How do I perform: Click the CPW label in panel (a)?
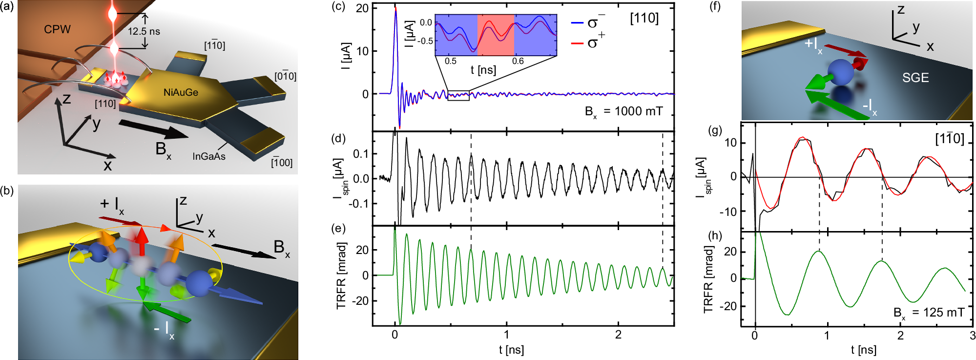coord(57,29)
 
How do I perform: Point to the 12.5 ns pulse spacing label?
coord(144,31)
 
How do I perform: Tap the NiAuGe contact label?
coord(181,92)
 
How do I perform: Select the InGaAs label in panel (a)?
coord(208,156)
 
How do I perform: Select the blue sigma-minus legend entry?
coord(588,22)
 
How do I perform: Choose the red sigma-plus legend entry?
coord(588,43)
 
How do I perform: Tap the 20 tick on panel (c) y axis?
coord(362,8)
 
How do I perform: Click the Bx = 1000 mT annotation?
coord(623,112)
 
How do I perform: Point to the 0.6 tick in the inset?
coord(518,61)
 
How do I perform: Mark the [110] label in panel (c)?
coord(644,19)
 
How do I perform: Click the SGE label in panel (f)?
coord(915,78)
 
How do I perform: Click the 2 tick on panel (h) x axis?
coord(900,336)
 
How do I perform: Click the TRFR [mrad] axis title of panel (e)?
coord(341,275)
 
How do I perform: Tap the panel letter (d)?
coord(338,138)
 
